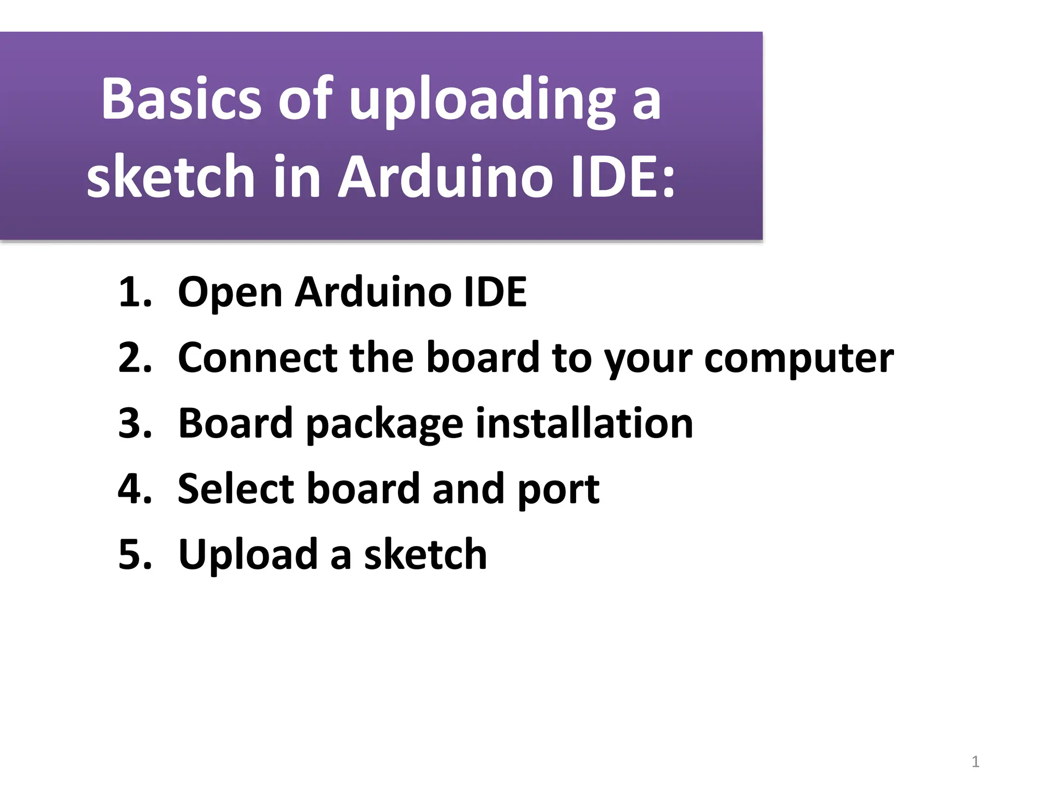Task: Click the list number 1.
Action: coord(134,292)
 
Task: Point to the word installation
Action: coord(584,423)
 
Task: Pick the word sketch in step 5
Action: coord(425,554)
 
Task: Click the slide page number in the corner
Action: coord(975,762)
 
